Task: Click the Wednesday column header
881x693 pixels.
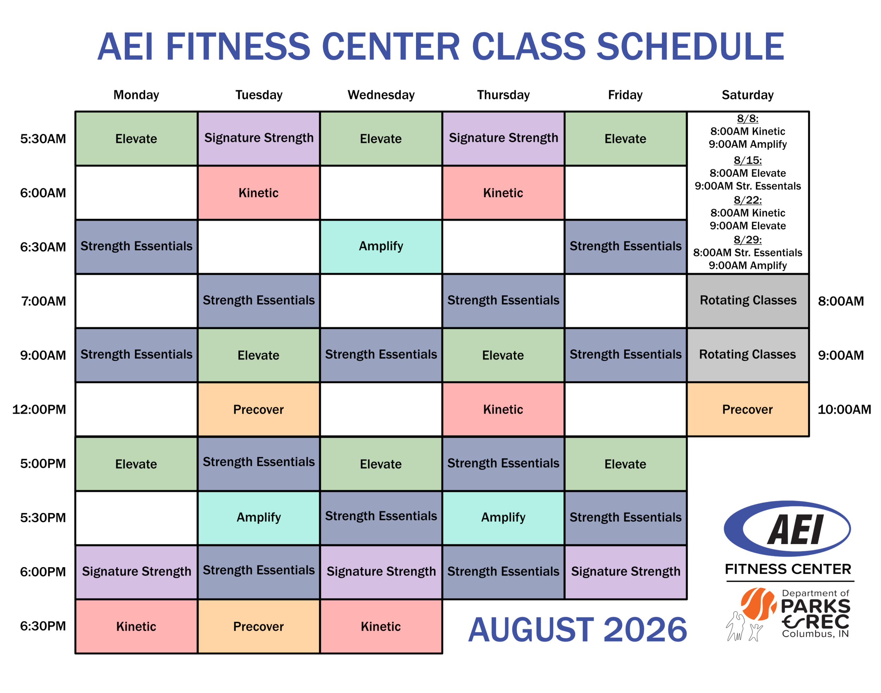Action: point(381,95)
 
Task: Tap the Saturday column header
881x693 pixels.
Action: point(747,95)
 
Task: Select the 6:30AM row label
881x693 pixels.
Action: point(43,247)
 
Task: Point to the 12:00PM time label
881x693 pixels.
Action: point(39,409)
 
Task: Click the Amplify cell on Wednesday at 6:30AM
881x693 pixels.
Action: point(381,247)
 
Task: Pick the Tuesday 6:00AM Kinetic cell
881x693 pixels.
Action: point(258,193)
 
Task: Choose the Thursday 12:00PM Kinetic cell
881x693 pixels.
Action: point(503,409)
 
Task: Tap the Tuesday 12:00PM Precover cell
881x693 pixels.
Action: point(258,409)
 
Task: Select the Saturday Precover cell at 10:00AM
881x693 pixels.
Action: point(747,409)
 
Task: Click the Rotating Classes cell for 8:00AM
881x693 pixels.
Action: point(747,301)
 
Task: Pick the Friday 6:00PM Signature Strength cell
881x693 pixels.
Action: point(625,572)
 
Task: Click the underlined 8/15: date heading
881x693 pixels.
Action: point(747,160)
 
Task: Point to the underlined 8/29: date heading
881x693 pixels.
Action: point(747,240)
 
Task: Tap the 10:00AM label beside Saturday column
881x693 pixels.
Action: point(844,409)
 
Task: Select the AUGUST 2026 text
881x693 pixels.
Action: point(577,629)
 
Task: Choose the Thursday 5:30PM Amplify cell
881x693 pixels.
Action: point(503,517)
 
